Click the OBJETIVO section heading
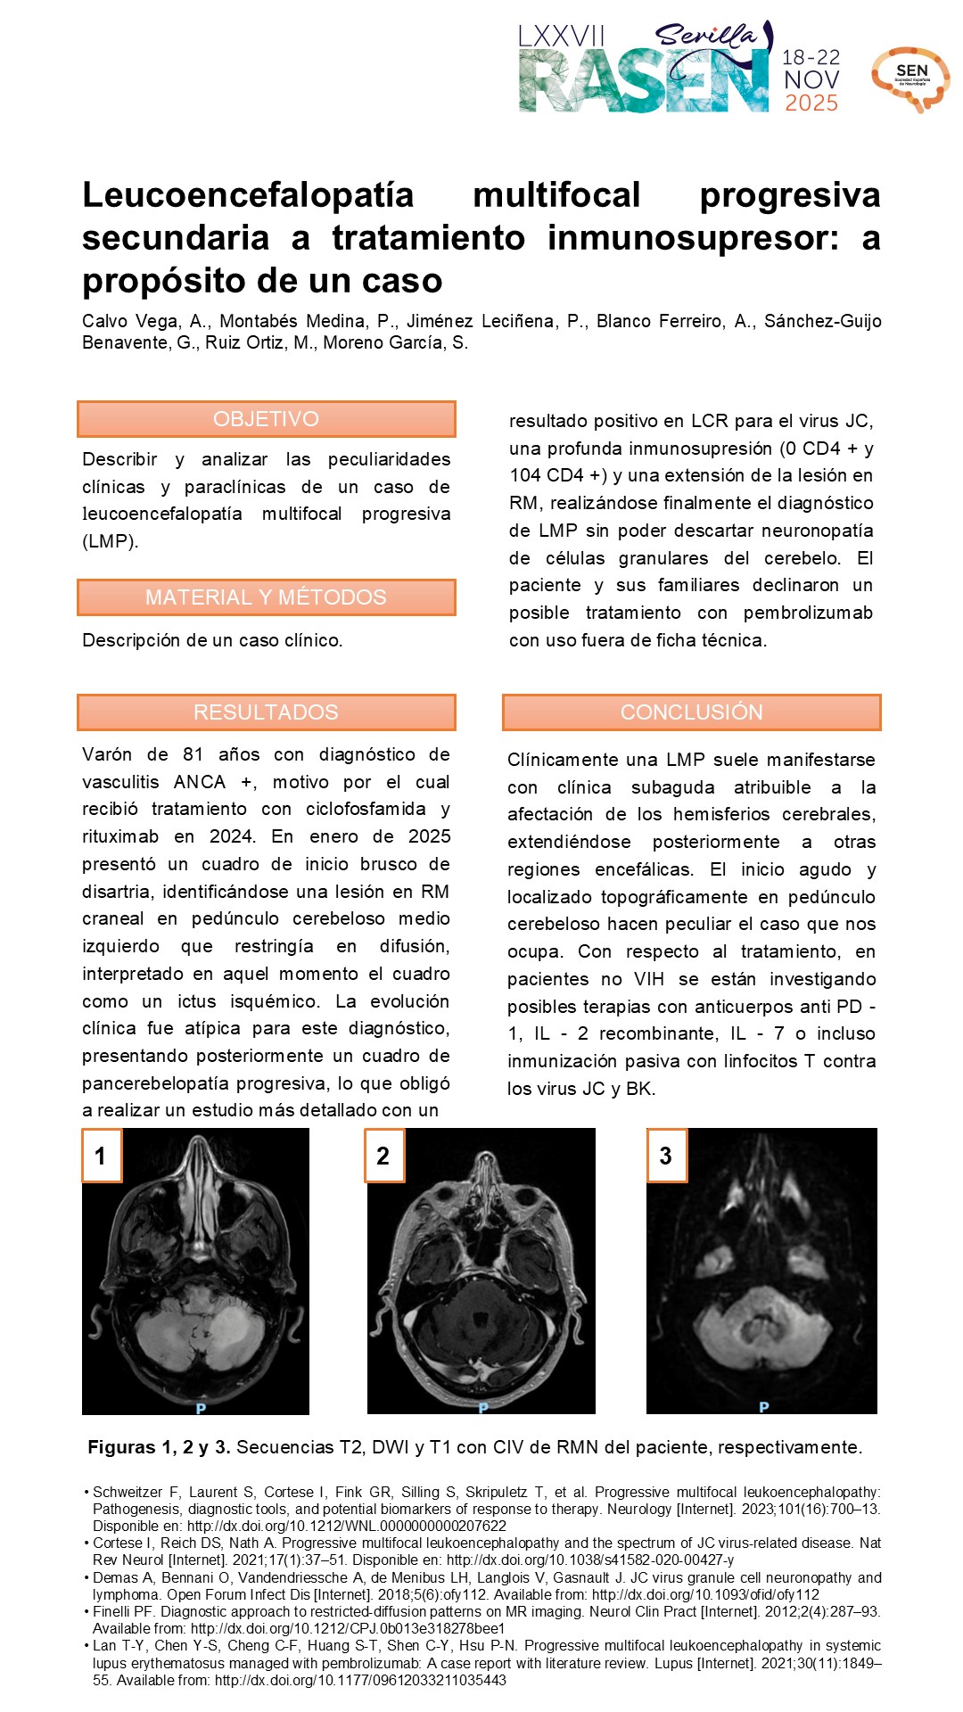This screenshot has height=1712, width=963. pos(266,419)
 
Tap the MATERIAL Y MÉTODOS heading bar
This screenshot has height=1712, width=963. pos(266,597)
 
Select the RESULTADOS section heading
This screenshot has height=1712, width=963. pos(266,712)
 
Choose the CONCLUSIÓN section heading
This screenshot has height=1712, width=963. pos(691,712)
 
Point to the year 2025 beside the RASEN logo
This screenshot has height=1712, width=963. pos(811,103)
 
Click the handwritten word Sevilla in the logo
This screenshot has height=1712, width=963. pos(704,36)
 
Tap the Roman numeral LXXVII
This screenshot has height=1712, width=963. pos(562,37)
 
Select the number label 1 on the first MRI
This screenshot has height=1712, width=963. pos(101,1156)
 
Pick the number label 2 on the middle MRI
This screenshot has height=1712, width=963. pos(383,1156)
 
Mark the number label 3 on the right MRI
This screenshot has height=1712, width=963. pos(665,1156)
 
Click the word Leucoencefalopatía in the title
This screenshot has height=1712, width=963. pos(248,195)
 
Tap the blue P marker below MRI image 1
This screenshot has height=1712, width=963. pos(201,1409)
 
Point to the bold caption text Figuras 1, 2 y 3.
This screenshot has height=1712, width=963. pos(159,1447)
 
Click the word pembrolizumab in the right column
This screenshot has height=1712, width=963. pos(808,613)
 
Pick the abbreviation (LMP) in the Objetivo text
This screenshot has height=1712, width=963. pos(110,542)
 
